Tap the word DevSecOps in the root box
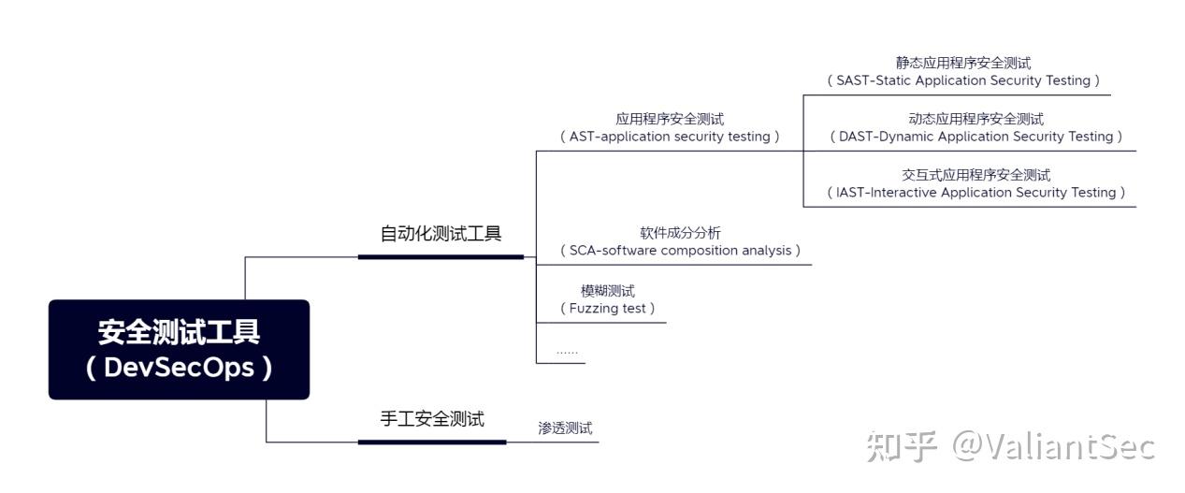179,367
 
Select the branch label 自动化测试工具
441,234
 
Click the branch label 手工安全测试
432,419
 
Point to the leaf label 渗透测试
565,428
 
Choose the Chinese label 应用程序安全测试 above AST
670,119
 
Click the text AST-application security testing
670,137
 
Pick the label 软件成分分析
680,233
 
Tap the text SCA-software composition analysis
680,251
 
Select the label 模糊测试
607,291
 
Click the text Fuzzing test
607,308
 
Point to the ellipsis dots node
567,351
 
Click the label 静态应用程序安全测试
963,63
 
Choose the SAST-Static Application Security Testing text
963,80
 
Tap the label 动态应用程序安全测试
975,119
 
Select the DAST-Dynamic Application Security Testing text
975,137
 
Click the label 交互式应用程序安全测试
975,175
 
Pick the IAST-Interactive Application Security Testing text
975,193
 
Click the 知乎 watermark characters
901,446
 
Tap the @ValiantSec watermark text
1053,446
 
